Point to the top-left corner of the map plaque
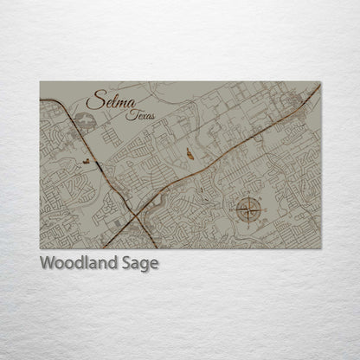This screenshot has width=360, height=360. pyautogui.click(x=40, y=82)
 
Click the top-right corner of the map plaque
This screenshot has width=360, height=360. pyautogui.click(x=320, y=82)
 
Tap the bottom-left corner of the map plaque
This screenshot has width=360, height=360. pyautogui.click(x=40, y=249)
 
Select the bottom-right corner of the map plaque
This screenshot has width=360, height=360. pyautogui.click(x=320, y=249)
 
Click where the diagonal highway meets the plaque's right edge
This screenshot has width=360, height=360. pyautogui.click(x=319, y=87)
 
